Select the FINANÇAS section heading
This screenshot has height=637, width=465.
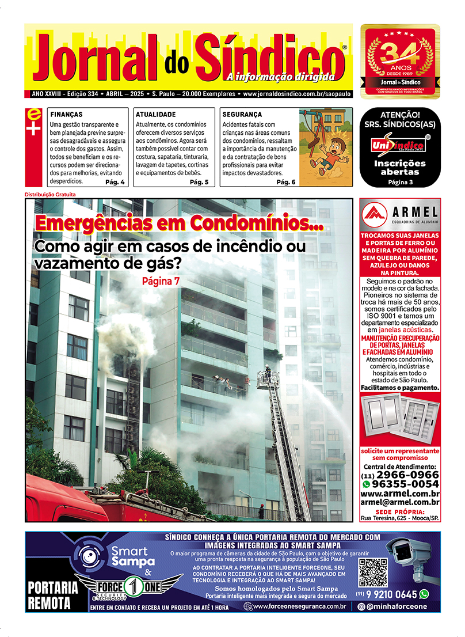[66, 115]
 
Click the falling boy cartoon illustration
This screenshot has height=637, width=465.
[326, 147]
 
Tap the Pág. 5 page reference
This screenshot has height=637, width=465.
[199, 182]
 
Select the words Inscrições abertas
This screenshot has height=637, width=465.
[400, 168]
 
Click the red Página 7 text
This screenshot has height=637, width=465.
[161, 281]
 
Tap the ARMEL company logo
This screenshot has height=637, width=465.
[400, 214]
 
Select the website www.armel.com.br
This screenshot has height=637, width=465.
[400, 494]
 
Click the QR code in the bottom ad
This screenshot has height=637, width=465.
[373, 572]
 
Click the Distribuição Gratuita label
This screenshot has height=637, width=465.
[51, 194]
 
